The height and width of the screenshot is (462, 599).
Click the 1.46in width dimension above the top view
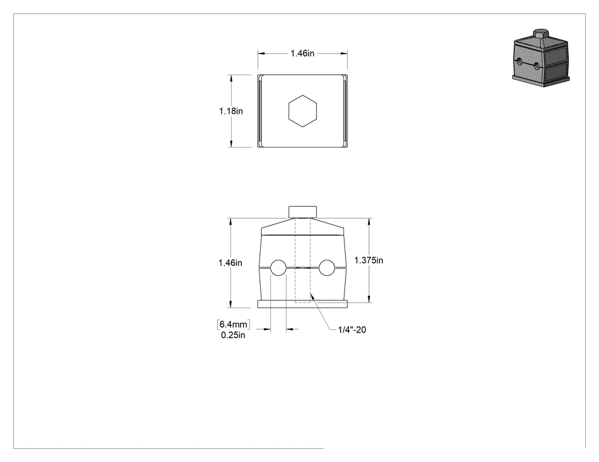click(x=302, y=54)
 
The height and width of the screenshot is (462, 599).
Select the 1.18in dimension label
click(x=230, y=111)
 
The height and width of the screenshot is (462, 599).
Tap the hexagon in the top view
click(x=302, y=111)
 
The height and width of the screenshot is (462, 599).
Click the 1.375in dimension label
click(x=369, y=260)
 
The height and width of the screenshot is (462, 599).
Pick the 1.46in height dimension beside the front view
click(x=230, y=263)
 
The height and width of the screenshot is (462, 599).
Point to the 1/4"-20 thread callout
click(x=352, y=330)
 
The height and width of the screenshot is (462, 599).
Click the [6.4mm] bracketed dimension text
click(x=233, y=324)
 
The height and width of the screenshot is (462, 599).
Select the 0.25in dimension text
click(x=233, y=336)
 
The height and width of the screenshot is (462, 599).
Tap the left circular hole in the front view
click(x=278, y=268)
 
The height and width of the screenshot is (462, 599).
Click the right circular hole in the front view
click(x=327, y=268)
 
